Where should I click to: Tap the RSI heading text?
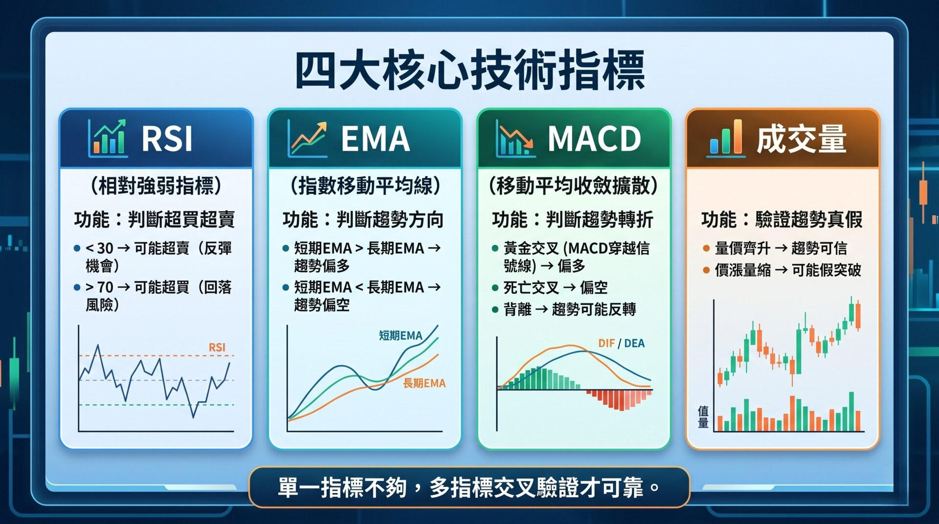[167, 139]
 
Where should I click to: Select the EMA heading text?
[375, 139]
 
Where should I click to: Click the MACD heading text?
[594, 139]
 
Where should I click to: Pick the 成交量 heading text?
[802, 139]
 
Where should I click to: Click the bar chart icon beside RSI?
[108, 138]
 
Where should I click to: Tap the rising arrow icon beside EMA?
[308, 138]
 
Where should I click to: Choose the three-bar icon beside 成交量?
[726, 138]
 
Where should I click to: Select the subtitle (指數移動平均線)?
[365, 186]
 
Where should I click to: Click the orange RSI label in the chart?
[217, 348]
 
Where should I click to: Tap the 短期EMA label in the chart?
[401, 335]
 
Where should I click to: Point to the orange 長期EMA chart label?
[425, 383]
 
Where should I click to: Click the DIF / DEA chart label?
[622, 343]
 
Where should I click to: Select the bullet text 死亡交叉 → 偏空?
[556, 287]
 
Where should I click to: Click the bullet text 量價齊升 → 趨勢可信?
[781, 248]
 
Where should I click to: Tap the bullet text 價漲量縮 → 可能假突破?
[788, 270]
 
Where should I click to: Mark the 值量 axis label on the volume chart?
[703, 416]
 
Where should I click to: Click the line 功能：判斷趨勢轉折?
[573, 219]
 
